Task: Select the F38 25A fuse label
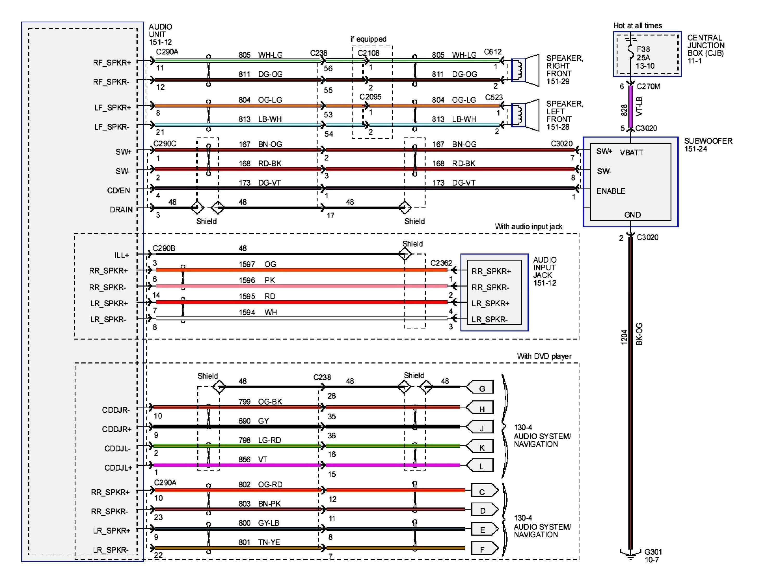click(x=645, y=57)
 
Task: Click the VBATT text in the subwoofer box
click(x=631, y=153)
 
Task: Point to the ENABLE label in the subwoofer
click(x=611, y=191)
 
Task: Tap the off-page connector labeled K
click(x=480, y=447)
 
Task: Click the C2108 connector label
click(x=368, y=53)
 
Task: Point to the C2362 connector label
click(x=441, y=263)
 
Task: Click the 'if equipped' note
click(x=368, y=39)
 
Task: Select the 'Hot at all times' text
click(x=637, y=25)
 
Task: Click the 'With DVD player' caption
click(x=544, y=356)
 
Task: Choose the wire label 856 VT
click(x=252, y=459)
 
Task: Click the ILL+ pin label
click(x=121, y=255)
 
